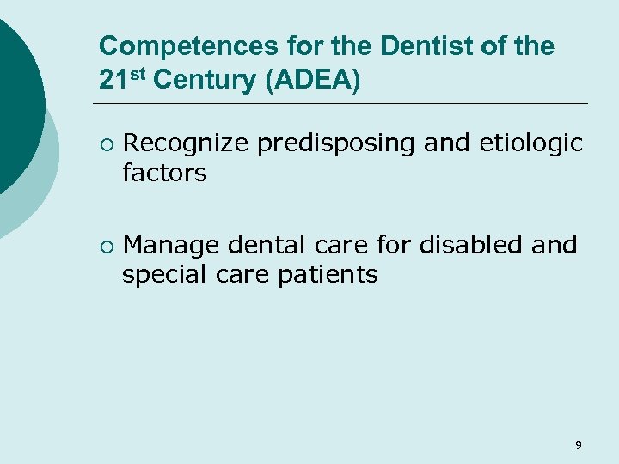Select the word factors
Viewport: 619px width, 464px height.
click(164, 173)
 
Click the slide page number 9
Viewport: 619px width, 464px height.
click(578, 444)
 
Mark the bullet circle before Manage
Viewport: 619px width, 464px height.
click(105, 247)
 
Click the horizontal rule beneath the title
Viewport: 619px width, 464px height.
click(344, 104)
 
